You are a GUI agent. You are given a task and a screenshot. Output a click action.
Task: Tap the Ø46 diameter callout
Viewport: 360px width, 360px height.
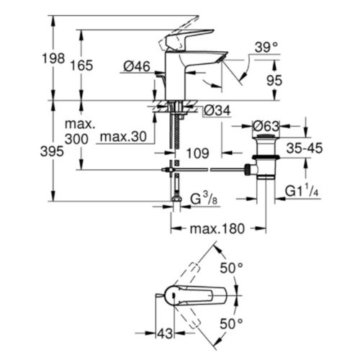point(137,66)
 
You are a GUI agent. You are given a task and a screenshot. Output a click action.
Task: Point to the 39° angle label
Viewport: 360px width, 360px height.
point(264,47)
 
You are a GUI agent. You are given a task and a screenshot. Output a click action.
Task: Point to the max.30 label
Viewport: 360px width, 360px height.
point(122,137)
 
